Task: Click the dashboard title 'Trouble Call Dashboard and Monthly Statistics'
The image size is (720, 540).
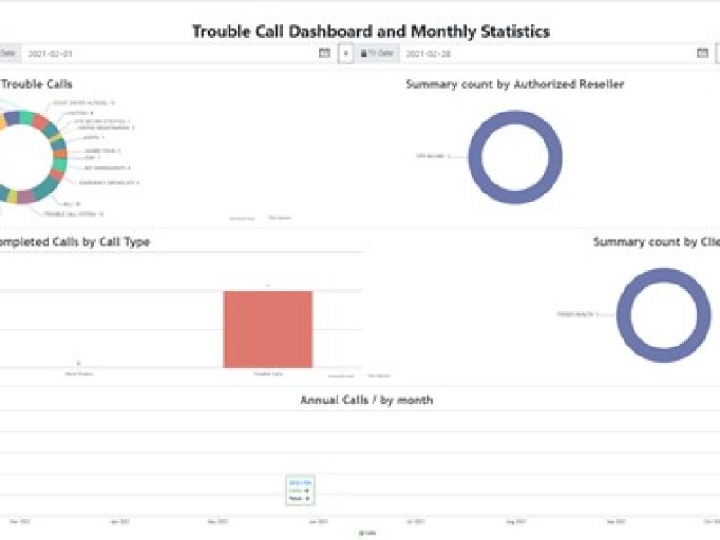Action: (x=371, y=31)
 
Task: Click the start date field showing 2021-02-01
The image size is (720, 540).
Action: (x=171, y=54)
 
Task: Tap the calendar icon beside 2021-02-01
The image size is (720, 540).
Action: (x=325, y=54)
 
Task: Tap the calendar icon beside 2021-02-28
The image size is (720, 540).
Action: (x=703, y=54)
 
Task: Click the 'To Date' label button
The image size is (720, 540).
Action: (x=377, y=54)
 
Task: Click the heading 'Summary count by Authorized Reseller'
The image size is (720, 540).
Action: (x=515, y=85)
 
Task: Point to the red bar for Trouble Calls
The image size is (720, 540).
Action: (x=268, y=328)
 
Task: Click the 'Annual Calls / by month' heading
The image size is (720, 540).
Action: (x=366, y=400)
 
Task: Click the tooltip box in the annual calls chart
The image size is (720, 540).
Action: (x=300, y=490)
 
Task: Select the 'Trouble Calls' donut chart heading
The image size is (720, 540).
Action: (x=37, y=85)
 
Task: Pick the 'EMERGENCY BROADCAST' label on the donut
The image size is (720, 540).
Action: (x=109, y=183)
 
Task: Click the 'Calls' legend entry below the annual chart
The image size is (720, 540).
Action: (x=367, y=533)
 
